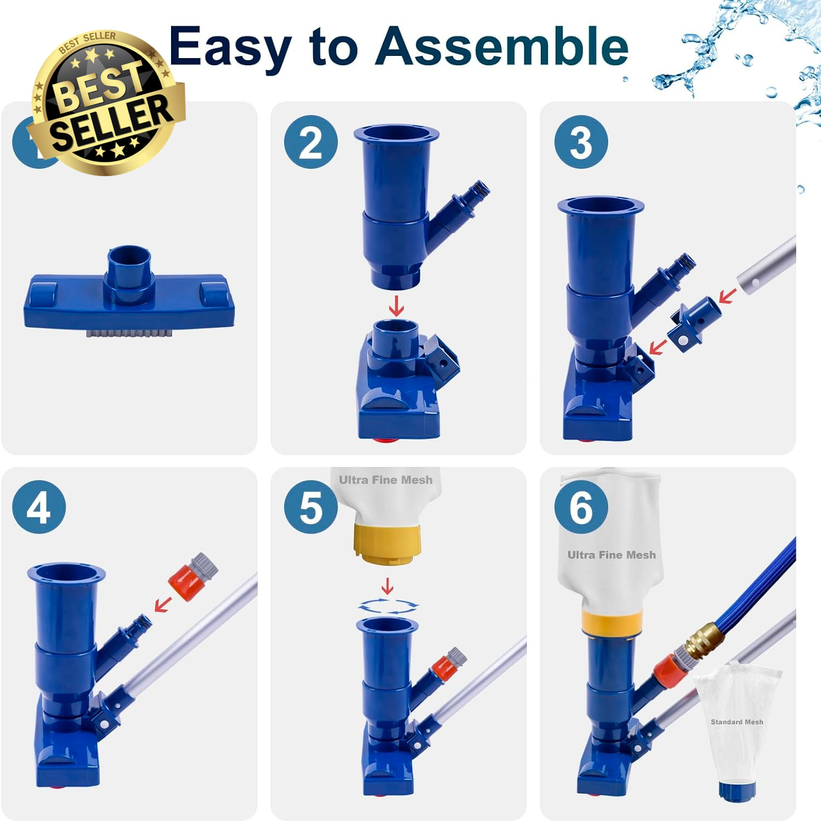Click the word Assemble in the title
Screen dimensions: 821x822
click(x=502, y=47)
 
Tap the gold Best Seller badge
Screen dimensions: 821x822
click(x=106, y=102)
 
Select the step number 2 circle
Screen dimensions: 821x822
click(x=311, y=142)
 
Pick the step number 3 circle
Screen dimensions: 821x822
click(x=581, y=142)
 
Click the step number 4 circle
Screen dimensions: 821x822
click(x=39, y=507)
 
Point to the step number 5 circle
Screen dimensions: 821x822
click(x=311, y=507)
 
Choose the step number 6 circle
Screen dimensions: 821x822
click(x=581, y=507)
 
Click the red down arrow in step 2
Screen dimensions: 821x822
click(x=397, y=305)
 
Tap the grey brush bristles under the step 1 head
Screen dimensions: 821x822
click(x=130, y=332)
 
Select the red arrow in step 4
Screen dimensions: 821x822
click(x=162, y=604)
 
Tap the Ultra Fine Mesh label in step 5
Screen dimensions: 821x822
click(x=386, y=480)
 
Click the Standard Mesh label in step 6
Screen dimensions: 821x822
click(x=737, y=722)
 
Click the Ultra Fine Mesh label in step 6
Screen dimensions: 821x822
click(x=611, y=555)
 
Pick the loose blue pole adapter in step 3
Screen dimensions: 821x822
click(x=694, y=323)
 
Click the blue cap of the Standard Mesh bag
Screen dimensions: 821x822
click(x=737, y=790)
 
